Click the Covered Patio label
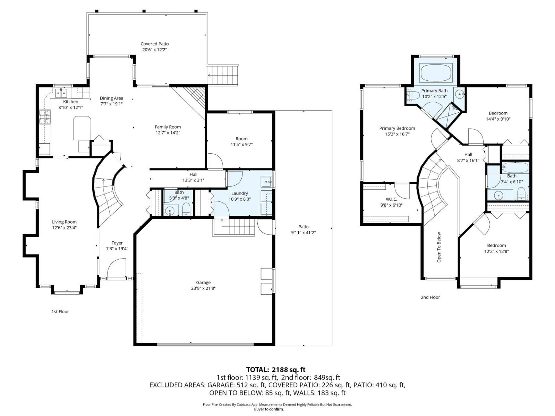(x=154, y=44)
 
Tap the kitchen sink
(x=61, y=93)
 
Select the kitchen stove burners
(x=44, y=117)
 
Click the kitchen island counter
(x=82, y=128)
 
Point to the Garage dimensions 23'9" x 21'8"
(x=203, y=288)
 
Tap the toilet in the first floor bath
(x=186, y=209)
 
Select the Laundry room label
(x=239, y=193)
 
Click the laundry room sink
(x=266, y=181)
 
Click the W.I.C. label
(x=391, y=199)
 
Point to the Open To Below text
(x=439, y=247)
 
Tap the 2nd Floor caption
(x=430, y=297)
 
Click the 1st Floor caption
(x=60, y=311)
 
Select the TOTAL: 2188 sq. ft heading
(x=275, y=370)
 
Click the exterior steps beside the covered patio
(x=223, y=76)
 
